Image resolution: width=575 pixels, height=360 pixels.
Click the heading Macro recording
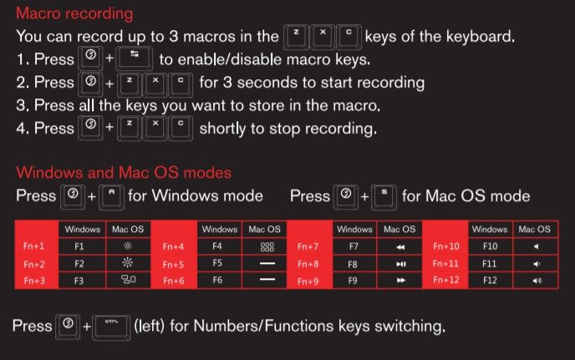click(74, 13)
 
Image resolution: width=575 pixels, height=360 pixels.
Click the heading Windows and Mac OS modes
click(124, 172)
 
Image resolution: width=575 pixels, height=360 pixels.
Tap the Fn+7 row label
click(308, 246)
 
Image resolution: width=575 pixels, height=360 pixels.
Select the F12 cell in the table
click(490, 281)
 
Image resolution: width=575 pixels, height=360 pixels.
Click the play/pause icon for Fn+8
click(401, 264)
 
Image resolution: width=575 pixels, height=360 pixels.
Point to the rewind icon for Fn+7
click(400, 247)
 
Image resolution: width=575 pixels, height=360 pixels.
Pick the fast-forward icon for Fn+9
click(401, 281)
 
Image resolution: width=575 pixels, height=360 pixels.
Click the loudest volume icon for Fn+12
click(537, 281)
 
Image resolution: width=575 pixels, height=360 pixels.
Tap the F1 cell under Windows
click(79, 246)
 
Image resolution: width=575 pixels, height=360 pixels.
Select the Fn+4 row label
click(173, 246)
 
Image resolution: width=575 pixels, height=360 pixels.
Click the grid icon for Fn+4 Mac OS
click(267, 246)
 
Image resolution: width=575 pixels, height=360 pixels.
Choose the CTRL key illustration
click(111, 327)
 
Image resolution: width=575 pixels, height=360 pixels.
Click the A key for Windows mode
click(111, 198)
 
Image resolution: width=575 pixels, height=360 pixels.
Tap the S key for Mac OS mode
click(384, 198)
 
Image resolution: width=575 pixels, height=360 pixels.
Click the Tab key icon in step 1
click(135, 58)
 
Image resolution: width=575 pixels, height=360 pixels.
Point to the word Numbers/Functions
click(263, 326)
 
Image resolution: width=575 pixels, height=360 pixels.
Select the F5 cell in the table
click(217, 263)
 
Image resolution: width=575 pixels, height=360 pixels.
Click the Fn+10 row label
click(446, 246)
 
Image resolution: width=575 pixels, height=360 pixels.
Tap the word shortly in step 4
click(222, 129)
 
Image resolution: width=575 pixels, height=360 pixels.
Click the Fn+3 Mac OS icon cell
click(129, 280)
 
